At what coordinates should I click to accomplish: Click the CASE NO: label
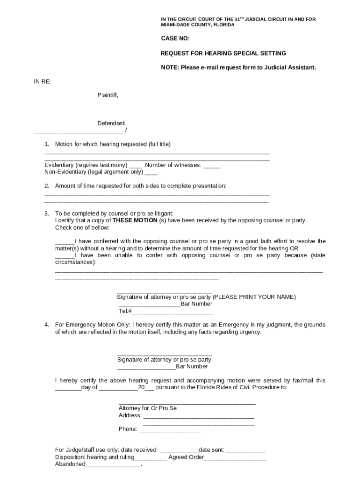[x=175, y=39]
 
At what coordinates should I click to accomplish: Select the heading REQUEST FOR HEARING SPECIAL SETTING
[x=223, y=53]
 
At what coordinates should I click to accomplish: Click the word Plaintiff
[x=108, y=95]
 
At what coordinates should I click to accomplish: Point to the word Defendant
[x=111, y=123]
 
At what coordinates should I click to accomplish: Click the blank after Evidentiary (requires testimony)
[x=136, y=165]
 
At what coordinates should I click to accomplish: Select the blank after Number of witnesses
[x=211, y=165]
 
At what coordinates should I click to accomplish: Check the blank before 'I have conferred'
[x=65, y=242]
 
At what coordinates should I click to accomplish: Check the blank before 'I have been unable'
[x=65, y=256]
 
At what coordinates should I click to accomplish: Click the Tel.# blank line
[x=173, y=312]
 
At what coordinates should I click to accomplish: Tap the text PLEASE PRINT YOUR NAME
[x=254, y=298]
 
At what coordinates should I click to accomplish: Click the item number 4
[x=47, y=325]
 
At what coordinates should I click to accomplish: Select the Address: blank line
[x=199, y=415]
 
